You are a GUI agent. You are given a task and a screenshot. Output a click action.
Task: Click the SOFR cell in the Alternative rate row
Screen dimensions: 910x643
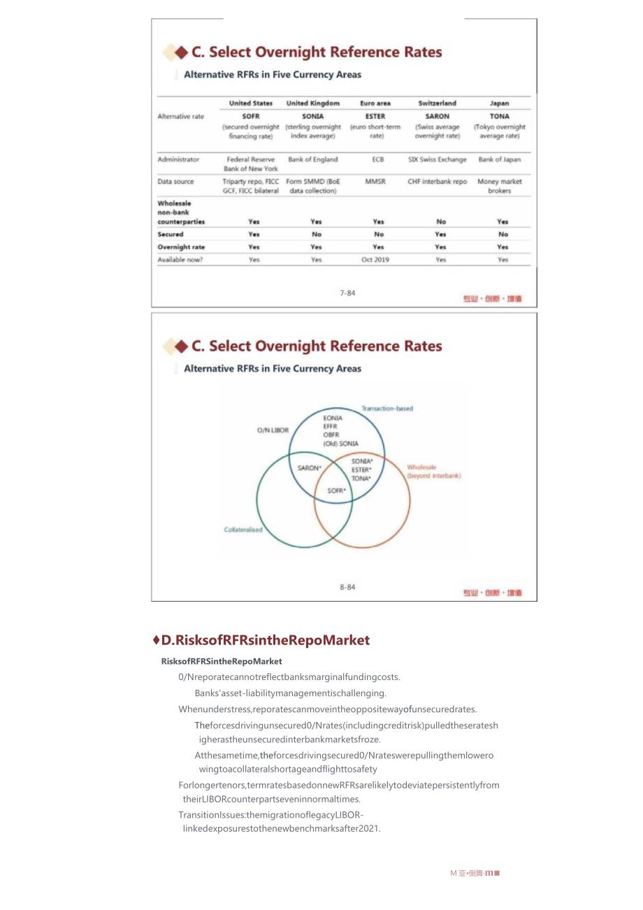coord(251,116)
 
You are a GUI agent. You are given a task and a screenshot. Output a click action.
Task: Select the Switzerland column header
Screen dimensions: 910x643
coord(437,103)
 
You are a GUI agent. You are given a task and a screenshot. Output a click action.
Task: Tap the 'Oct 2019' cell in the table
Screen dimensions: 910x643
coord(375,259)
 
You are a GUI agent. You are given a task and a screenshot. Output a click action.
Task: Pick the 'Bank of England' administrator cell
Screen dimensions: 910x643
coord(312,159)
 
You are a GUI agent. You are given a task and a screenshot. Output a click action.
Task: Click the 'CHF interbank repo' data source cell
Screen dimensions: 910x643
coord(438,182)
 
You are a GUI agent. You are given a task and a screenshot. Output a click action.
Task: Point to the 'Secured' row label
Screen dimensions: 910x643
coord(171,234)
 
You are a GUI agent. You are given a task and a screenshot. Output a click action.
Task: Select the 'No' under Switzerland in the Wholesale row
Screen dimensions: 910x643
coord(440,222)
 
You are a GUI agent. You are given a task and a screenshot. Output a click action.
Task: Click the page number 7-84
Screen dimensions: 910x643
coord(347,293)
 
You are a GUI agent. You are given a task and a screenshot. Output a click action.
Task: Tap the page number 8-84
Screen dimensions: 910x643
coord(347,587)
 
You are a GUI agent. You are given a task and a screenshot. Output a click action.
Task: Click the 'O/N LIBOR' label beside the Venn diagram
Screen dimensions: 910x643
coord(273,430)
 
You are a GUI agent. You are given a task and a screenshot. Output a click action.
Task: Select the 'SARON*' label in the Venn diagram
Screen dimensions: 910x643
coord(309,468)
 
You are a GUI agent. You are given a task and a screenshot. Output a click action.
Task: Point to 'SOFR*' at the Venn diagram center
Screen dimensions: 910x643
coord(337,491)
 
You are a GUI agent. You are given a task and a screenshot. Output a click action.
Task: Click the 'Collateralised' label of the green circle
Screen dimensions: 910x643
coord(243,529)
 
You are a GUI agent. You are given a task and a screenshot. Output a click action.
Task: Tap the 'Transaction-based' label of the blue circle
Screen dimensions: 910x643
coord(387,408)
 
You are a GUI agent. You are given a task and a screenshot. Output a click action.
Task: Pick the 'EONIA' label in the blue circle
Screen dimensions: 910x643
coord(333,418)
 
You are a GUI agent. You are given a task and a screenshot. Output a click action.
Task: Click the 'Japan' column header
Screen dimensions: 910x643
coord(499,103)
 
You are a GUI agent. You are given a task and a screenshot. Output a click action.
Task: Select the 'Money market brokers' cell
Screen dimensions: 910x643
coord(500,186)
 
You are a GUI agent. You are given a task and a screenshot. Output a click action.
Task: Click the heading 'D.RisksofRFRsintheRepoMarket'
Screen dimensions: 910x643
coord(265,640)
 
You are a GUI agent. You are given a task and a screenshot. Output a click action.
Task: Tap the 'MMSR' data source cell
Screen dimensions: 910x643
coord(375,182)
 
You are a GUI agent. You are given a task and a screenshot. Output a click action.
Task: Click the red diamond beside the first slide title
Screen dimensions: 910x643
coord(181,52)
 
